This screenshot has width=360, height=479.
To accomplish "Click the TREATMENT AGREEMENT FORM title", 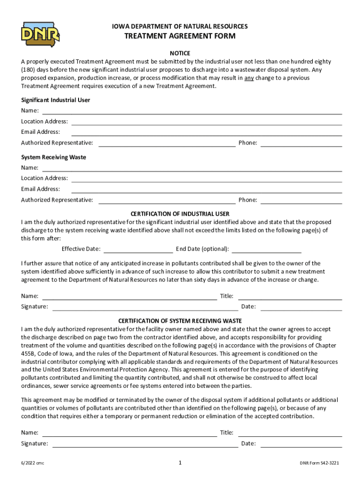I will [180, 36].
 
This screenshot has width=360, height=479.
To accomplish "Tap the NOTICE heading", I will [180, 53].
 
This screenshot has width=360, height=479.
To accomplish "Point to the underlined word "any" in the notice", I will [249, 78].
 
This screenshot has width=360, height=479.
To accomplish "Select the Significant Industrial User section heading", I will [56, 100].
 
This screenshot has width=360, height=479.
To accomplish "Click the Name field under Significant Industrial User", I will [192, 111].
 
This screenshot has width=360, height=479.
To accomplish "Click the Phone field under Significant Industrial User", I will [301, 143].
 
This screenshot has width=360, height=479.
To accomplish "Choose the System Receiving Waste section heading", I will [53, 157].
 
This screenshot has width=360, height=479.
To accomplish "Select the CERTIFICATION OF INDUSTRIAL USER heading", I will [180, 214].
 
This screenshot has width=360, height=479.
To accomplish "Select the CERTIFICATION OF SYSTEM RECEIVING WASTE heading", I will [180, 321].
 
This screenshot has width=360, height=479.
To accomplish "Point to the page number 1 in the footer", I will [180, 463].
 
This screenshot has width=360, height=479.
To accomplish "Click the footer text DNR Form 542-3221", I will [319, 464].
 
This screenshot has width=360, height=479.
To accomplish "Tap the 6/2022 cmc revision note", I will [32, 464].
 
